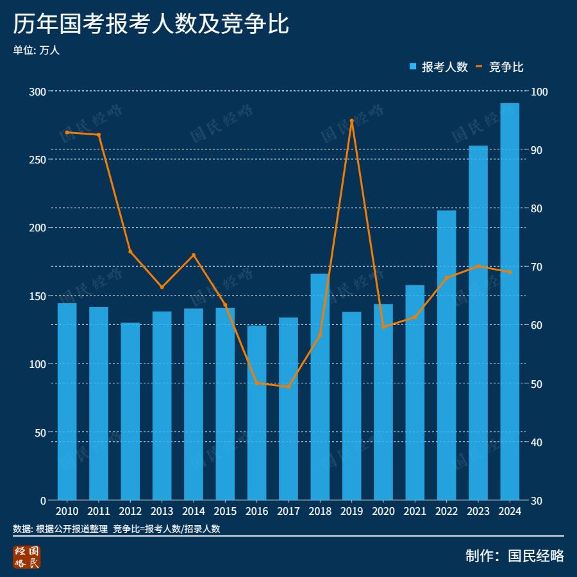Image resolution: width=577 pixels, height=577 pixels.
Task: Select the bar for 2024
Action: pyautogui.click(x=510, y=301)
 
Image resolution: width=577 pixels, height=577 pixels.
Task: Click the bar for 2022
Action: pyautogui.click(x=446, y=355)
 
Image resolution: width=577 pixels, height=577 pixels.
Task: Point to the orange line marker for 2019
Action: pyautogui.click(x=352, y=121)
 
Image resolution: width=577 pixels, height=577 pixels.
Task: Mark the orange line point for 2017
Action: pyautogui.click(x=288, y=387)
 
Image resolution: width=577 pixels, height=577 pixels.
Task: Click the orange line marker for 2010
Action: pyautogui.click(x=67, y=132)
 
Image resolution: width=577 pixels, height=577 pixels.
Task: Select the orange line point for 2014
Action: pyautogui.click(x=194, y=255)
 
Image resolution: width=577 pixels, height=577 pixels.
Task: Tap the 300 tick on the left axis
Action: pyautogui.click(x=38, y=92)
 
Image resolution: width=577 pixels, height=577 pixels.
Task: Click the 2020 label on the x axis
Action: pyautogui.click(x=383, y=511)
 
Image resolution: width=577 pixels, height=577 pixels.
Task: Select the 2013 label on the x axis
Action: pyautogui.click(x=162, y=511)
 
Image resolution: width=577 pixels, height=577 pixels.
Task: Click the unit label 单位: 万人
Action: pyautogui.click(x=36, y=50)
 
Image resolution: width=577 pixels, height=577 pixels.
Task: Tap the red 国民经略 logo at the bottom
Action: pyautogui.click(x=27, y=556)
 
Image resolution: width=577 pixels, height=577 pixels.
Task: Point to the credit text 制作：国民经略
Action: pyautogui.click(x=515, y=556)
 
